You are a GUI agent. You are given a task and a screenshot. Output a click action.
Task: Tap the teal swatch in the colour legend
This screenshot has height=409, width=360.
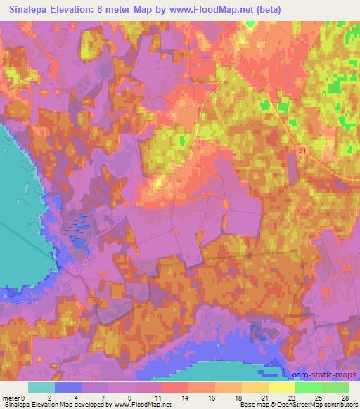pyautogui.click(x=41, y=387)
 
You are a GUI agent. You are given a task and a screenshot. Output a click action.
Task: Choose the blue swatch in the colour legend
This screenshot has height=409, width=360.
pyautogui.click(x=68, y=387)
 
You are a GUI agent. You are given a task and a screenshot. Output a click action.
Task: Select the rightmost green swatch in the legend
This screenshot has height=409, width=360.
pyautogui.click(x=335, y=387)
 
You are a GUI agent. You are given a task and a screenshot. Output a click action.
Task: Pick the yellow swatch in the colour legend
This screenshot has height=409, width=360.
pyautogui.click(x=282, y=387)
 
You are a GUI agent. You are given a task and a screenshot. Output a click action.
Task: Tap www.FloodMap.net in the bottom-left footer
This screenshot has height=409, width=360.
pyautogui.click(x=143, y=405)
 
